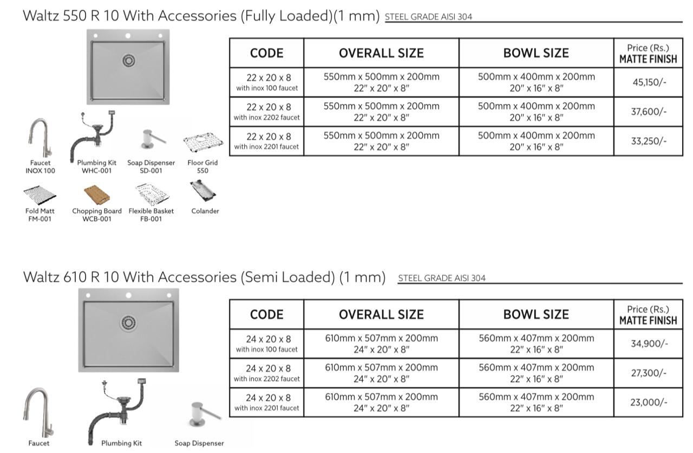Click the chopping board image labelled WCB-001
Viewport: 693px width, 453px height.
tap(97, 194)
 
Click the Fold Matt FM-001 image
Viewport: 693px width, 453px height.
tap(40, 195)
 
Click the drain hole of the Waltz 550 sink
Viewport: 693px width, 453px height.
tap(129, 60)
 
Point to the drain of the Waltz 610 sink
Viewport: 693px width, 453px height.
tap(128, 323)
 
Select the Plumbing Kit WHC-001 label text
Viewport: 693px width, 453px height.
tap(96, 166)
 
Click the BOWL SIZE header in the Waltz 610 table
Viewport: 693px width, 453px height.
tap(536, 314)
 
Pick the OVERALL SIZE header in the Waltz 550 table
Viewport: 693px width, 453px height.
tap(381, 53)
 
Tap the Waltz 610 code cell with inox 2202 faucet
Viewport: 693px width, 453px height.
tap(266, 373)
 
